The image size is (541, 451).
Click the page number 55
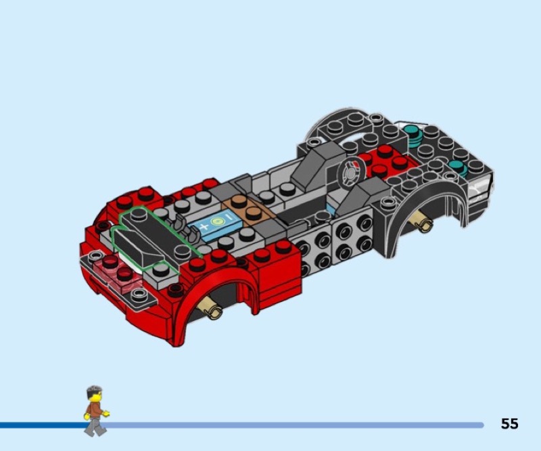(510, 423)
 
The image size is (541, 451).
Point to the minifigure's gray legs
(95, 426)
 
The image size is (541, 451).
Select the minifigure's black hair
(94, 391)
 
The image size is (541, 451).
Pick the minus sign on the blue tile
(229, 217)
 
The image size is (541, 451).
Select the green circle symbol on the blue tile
(216, 221)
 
